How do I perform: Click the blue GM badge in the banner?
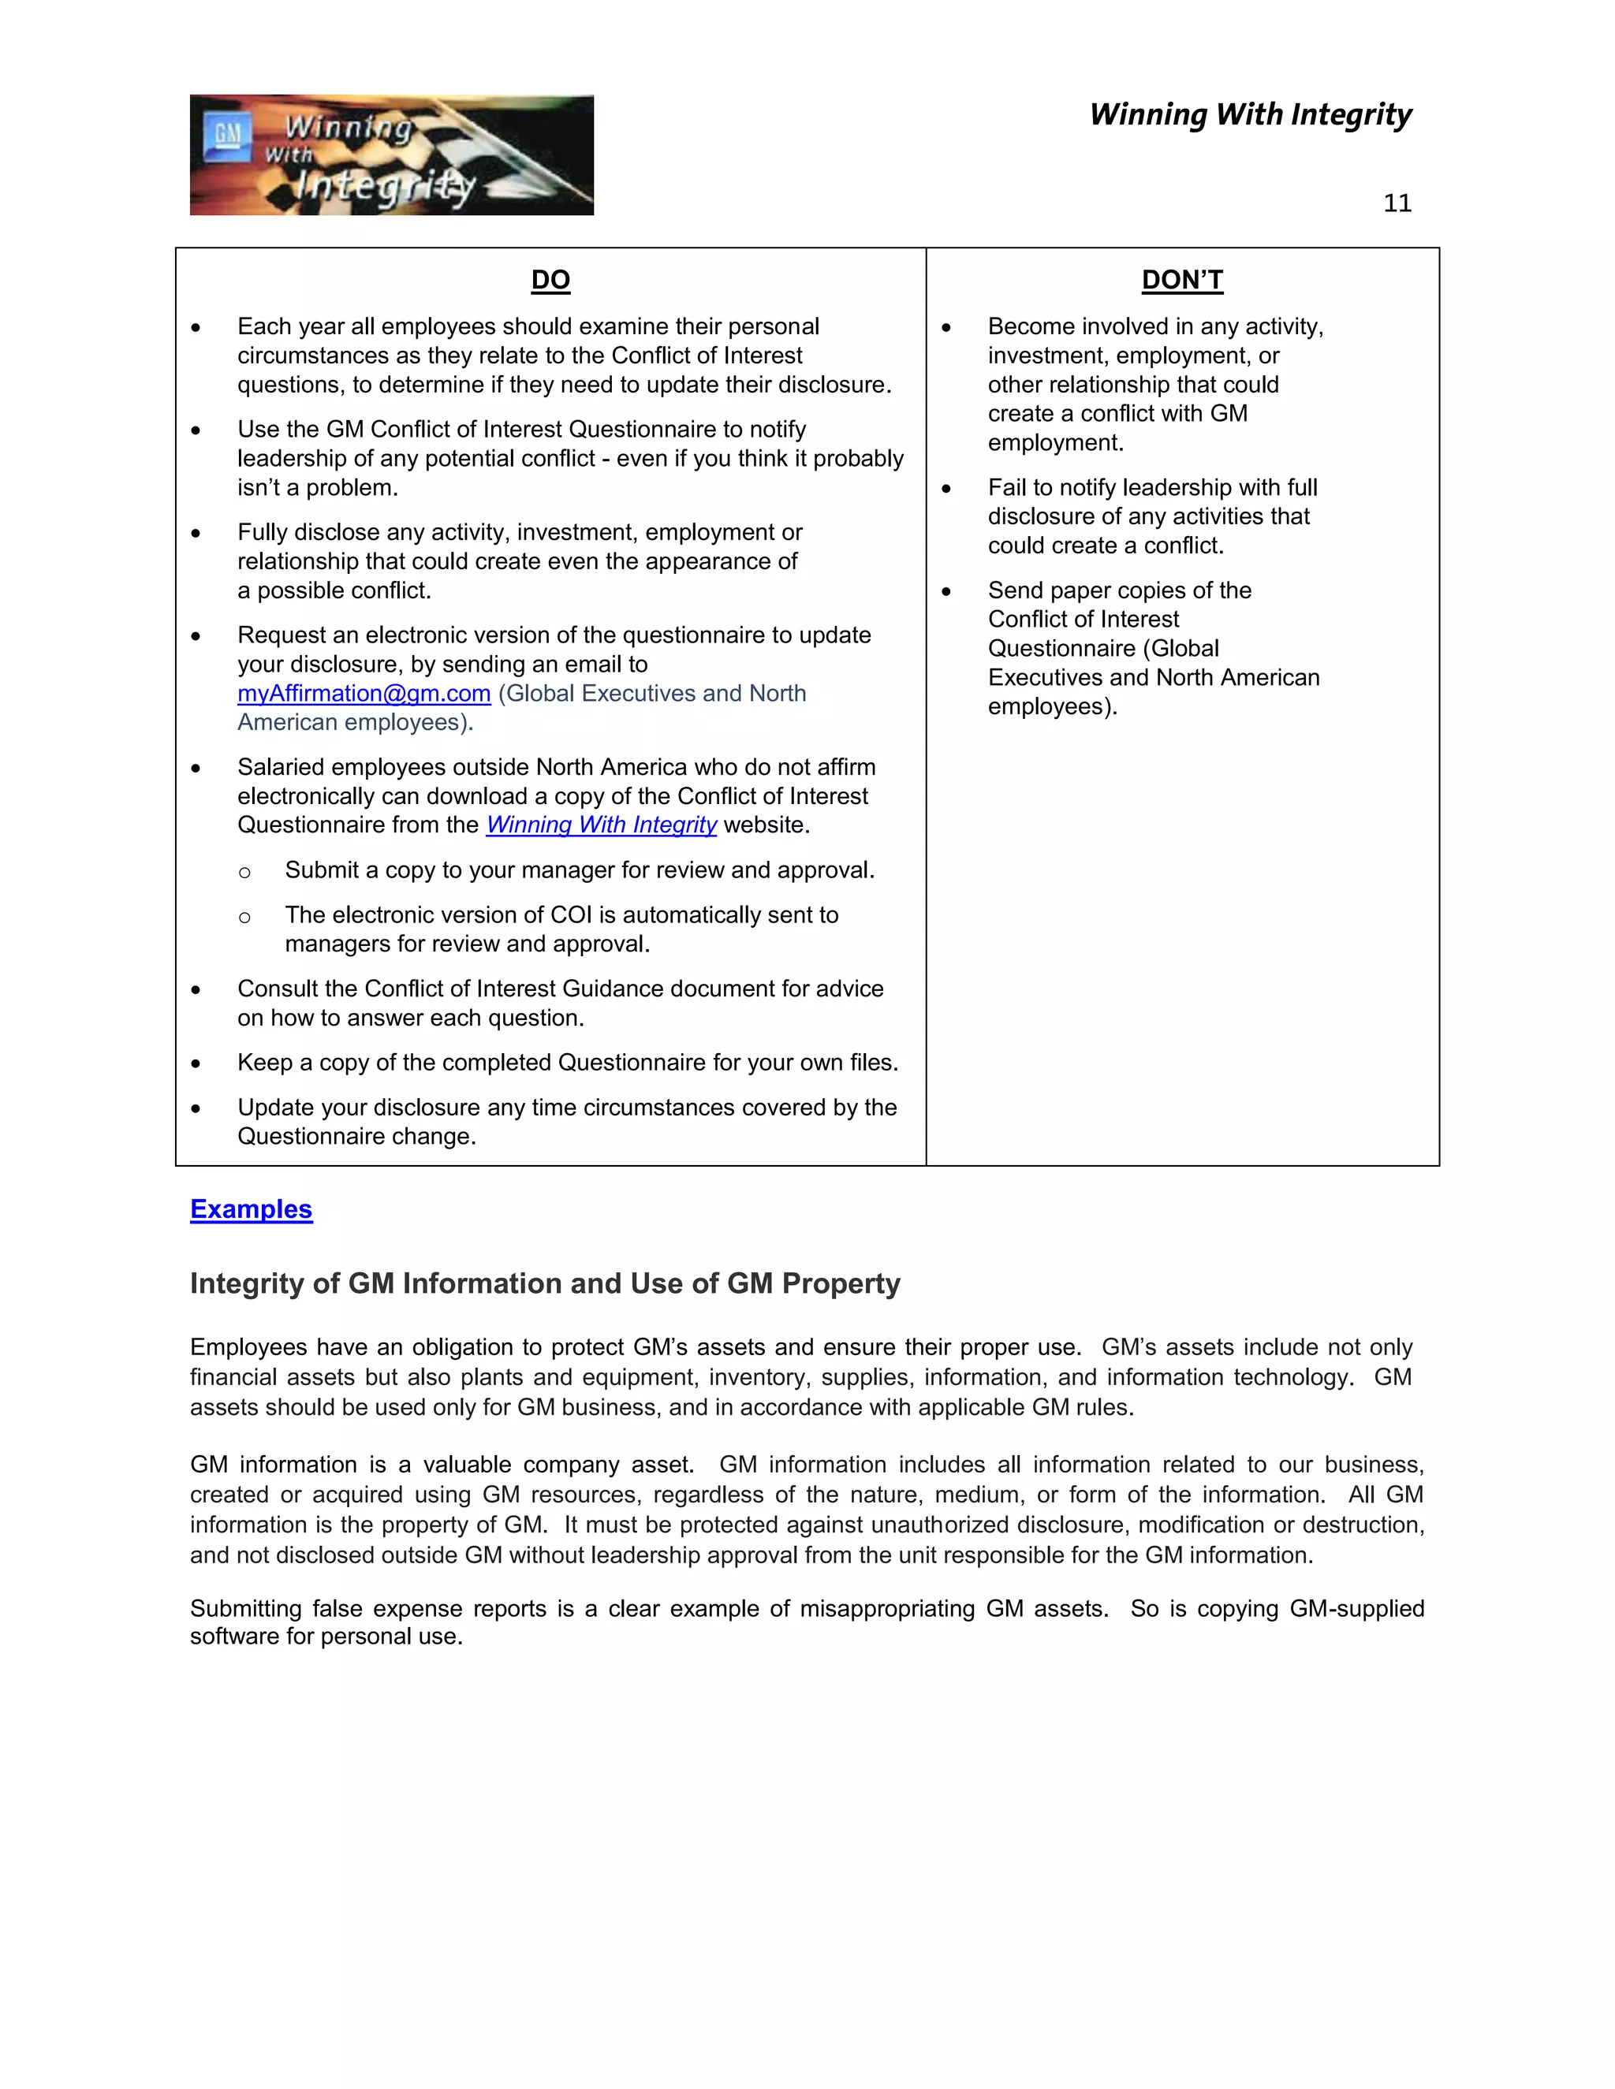(227, 135)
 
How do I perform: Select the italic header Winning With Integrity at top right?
(1250, 115)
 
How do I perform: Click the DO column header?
(550, 281)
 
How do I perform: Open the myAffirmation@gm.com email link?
(364, 694)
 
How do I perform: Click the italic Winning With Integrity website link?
(601, 825)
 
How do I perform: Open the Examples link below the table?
(251, 1209)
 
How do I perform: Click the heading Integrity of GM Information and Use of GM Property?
(544, 1283)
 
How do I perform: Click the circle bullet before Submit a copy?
(245, 873)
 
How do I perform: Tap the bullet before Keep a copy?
(196, 1063)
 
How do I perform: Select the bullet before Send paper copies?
(946, 591)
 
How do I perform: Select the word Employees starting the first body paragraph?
(248, 1348)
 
